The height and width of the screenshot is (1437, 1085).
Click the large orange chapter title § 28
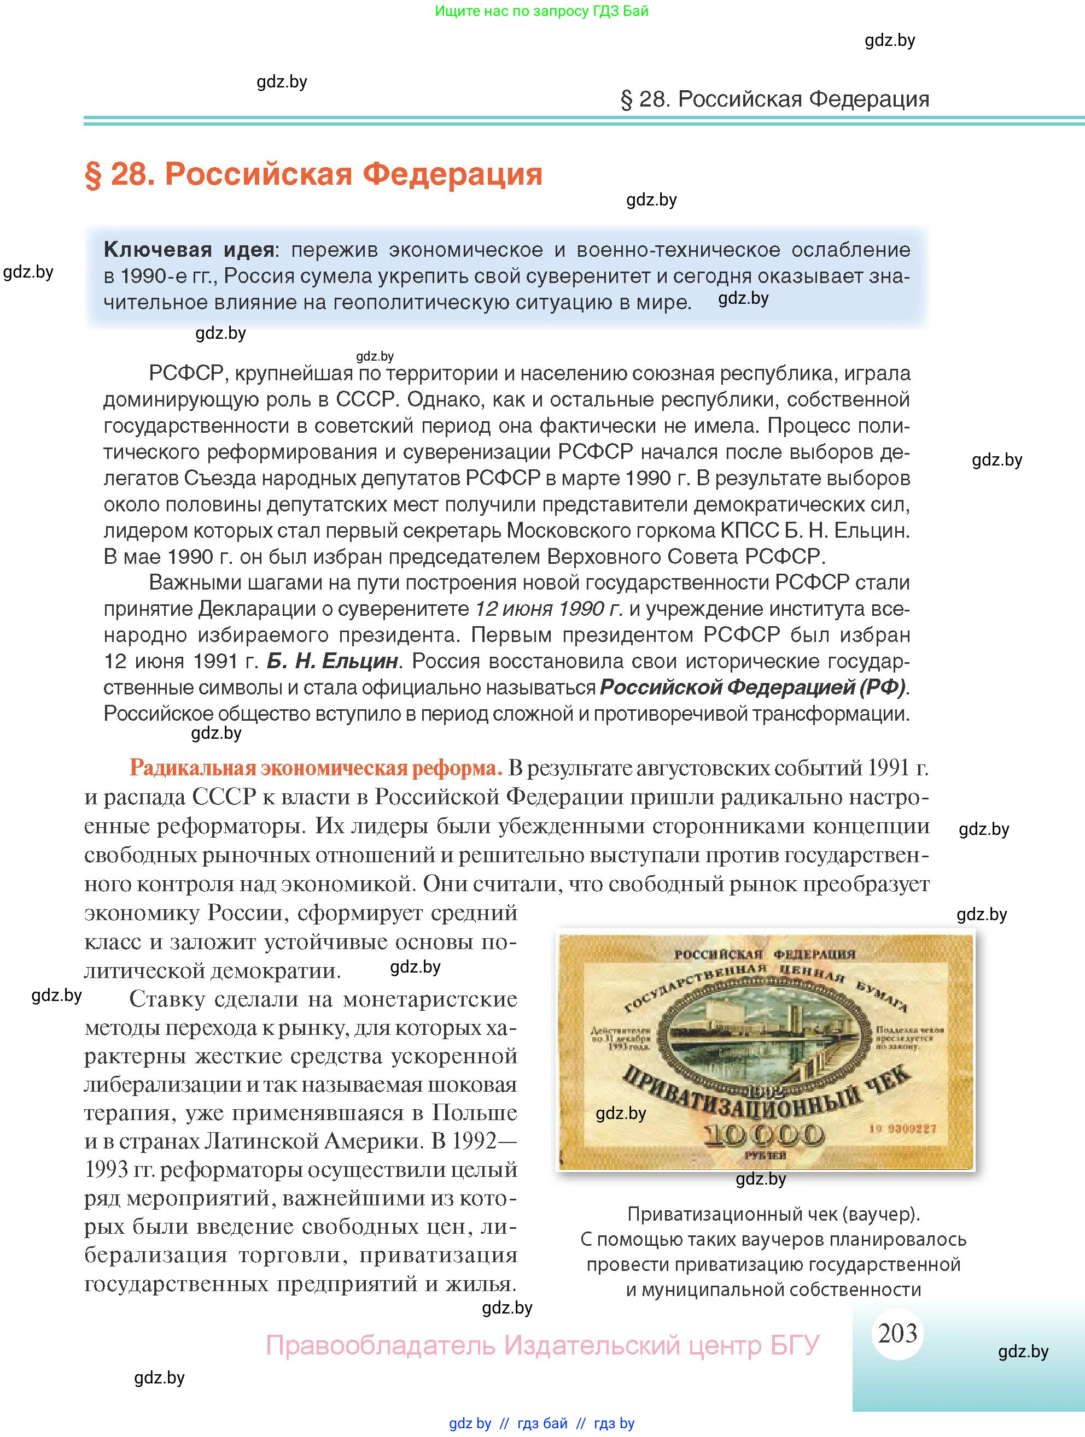coord(313,174)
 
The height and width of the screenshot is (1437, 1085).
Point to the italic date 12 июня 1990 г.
coord(549,609)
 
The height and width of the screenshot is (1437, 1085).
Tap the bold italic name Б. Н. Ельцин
coord(332,661)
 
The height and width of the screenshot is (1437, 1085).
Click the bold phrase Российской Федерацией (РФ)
coord(752,687)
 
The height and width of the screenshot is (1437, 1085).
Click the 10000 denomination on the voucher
coord(765,1134)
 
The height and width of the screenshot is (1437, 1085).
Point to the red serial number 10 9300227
coord(902,1128)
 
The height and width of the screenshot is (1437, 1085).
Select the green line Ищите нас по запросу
coord(541,11)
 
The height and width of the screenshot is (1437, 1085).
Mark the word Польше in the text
coord(475,1113)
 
